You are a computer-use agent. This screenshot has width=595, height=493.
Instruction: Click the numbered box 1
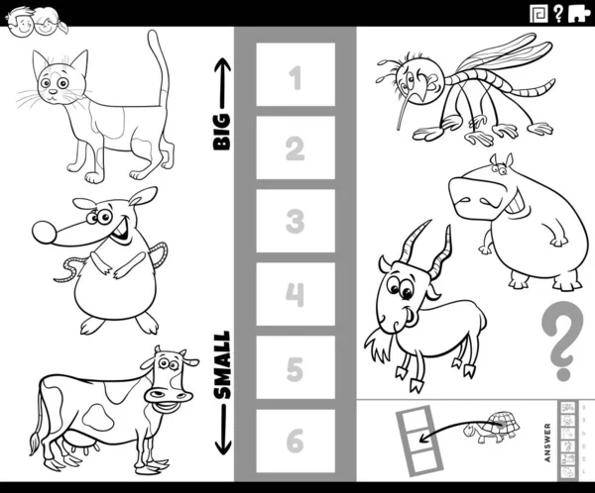pyautogui.click(x=296, y=74)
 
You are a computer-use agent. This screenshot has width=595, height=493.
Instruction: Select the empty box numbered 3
pyautogui.click(x=296, y=221)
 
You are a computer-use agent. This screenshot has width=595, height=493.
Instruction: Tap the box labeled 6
pyautogui.click(x=296, y=441)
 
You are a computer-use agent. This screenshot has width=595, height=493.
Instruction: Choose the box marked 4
pyautogui.click(x=296, y=294)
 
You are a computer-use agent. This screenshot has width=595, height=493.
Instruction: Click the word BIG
pyautogui.click(x=222, y=132)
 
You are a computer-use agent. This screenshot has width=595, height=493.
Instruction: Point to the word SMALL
pyautogui.click(x=222, y=365)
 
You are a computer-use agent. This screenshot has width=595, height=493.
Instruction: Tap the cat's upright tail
pyautogui.click(x=160, y=68)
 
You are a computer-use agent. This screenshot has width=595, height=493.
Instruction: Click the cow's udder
pyautogui.click(x=77, y=444)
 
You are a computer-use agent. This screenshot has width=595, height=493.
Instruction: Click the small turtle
pyautogui.click(x=491, y=427)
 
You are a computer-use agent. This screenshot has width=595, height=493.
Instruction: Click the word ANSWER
pyautogui.click(x=547, y=443)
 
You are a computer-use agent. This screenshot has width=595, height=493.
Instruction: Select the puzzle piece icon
pyautogui.click(x=579, y=15)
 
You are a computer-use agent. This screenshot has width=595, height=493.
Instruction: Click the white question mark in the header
pyautogui.click(x=557, y=14)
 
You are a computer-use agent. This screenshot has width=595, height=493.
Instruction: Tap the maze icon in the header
pyautogui.click(x=538, y=14)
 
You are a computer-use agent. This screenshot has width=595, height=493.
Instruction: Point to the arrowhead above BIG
pyautogui.click(x=223, y=64)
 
